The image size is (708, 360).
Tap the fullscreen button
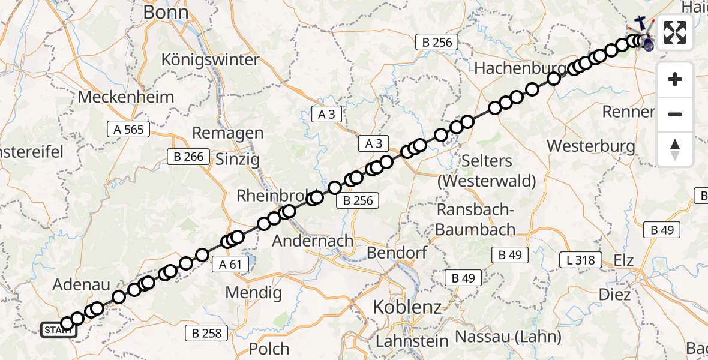point(675,32)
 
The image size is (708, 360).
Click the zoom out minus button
point(675,114)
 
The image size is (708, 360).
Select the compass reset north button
point(675,149)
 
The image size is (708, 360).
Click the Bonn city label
point(166,13)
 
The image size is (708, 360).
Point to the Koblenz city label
point(407,307)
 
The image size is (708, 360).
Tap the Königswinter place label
point(210,60)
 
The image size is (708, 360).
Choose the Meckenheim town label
point(126,97)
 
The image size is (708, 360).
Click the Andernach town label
point(313,241)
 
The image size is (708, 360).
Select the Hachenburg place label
point(520,68)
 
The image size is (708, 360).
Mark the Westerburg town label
point(591,146)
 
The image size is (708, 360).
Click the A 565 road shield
point(128,128)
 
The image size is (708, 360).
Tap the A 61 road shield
point(230,264)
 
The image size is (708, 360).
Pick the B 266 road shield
point(188,157)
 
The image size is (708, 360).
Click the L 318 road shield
point(581,260)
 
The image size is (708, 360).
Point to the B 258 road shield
point(207,333)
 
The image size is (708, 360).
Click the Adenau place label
point(79,284)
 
